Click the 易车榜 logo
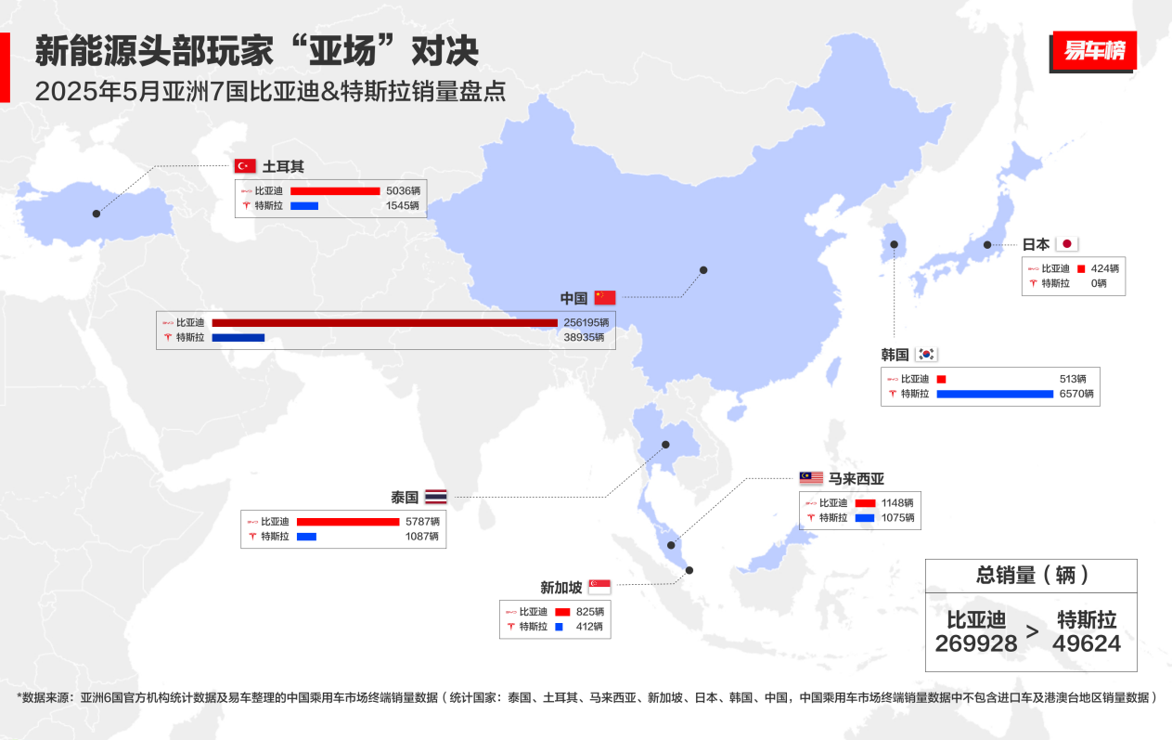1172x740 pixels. (x=1094, y=51)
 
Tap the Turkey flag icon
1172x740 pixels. (x=245, y=166)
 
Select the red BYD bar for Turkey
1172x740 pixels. (x=335, y=191)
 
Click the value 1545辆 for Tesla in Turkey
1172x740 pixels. (x=403, y=205)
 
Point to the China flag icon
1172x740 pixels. (x=605, y=298)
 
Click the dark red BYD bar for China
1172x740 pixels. (x=384, y=323)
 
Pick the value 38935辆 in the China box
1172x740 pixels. (x=584, y=338)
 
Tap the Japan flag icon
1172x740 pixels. (x=1067, y=244)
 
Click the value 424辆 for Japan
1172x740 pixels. (x=1104, y=268)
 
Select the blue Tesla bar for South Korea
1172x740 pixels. (x=995, y=394)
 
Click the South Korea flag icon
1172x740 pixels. (x=926, y=354)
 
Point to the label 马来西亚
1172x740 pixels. (x=856, y=479)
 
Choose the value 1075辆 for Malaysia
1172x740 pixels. (x=897, y=517)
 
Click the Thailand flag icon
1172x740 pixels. (x=435, y=497)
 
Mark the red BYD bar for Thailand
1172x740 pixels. (x=348, y=522)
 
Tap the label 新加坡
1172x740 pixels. (x=561, y=588)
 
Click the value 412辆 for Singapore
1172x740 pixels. (x=587, y=627)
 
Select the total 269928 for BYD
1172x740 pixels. (x=976, y=643)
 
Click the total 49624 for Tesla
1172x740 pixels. (x=1087, y=643)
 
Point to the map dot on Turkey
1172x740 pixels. (x=97, y=214)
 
